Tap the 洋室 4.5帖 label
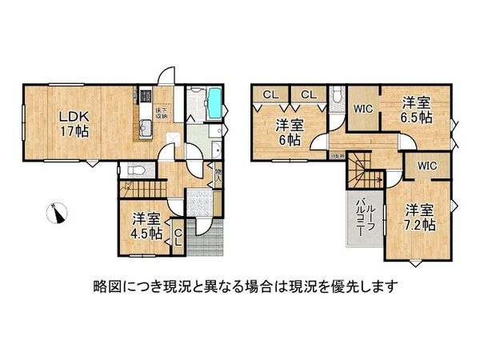click(147, 225)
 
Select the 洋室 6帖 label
click(290, 131)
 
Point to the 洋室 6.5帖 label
click(416, 109)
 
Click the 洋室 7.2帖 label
click(419, 218)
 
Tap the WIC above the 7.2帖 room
click(426, 167)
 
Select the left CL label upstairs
click(270, 95)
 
